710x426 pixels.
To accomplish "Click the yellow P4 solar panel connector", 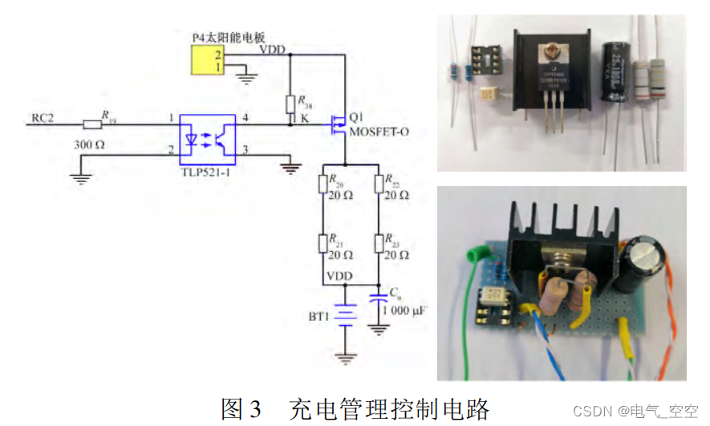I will tap(207, 60).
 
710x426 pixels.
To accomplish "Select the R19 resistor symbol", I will tap(93, 124).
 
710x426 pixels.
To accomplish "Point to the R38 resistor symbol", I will tap(290, 105).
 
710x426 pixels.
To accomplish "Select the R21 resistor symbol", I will tap(324, 243).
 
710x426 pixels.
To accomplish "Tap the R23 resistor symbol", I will tap(379, 243).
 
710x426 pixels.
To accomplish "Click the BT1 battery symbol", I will tap(345, 315).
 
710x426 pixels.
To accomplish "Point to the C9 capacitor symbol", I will tap(379, 298).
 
